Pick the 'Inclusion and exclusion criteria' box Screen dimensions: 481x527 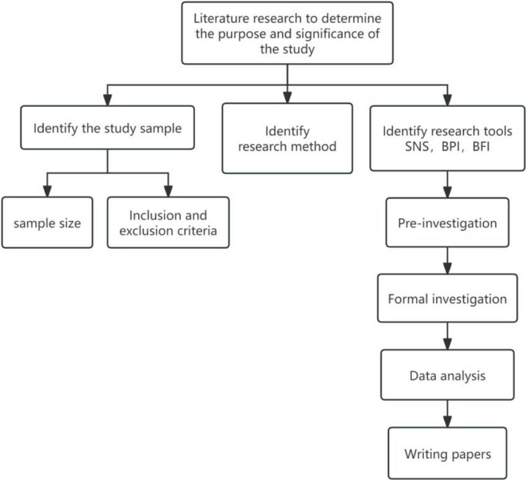tap(167, 223)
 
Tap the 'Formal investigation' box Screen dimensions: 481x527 tap(447, 298)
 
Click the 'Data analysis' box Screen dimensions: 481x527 tap(447, 376)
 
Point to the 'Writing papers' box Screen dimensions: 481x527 tap(447, 454)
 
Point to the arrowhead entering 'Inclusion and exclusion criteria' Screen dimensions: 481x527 tap(167, 191)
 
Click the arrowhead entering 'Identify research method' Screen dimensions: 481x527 tap(287, 98)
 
